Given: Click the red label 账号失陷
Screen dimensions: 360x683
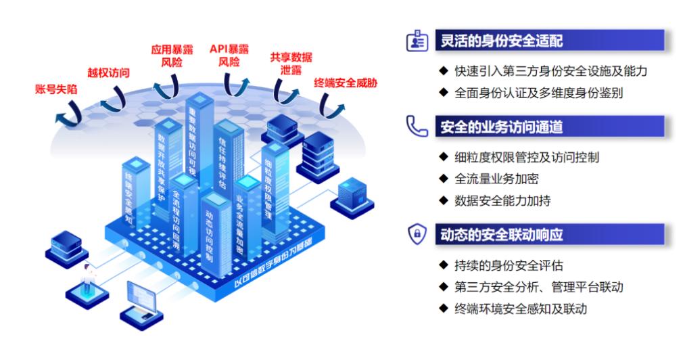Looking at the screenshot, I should [x=55, y=89].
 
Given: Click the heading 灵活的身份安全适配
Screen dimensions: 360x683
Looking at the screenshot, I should [x=501, y=41].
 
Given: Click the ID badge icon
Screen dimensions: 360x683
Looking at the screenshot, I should [x=416, y=41].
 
